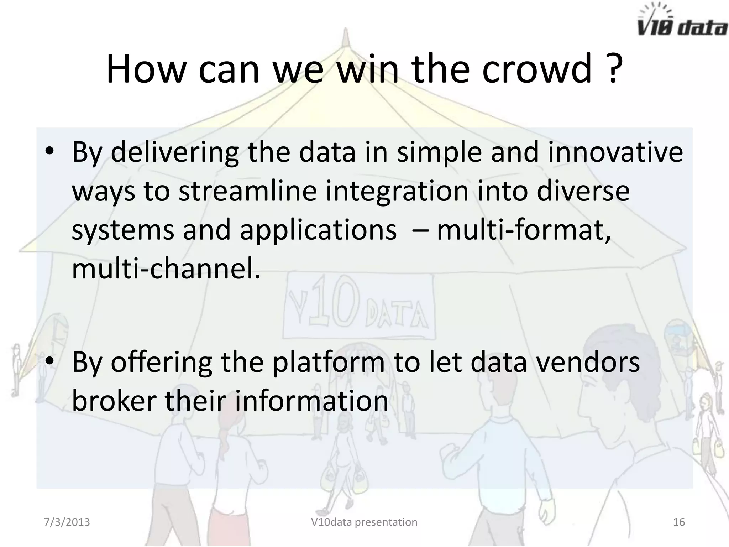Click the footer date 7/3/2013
67,522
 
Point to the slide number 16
679,522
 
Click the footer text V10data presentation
364,522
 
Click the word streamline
247,191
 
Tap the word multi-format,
523,230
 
